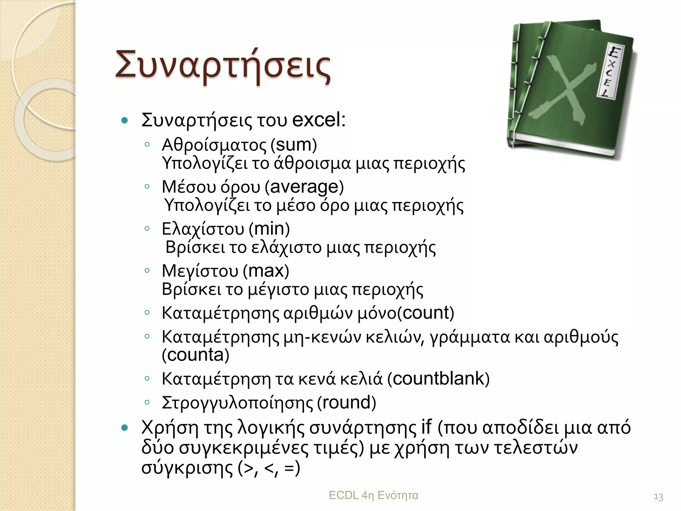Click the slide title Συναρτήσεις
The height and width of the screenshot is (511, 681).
223,65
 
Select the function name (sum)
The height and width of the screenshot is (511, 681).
294,145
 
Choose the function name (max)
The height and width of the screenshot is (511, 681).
266,271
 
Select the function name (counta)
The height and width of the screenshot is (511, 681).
196,355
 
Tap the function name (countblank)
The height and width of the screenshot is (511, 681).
439,379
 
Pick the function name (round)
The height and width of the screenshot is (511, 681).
346,403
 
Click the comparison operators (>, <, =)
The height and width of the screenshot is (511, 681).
269,468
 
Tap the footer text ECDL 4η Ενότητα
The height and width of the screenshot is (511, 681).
373,495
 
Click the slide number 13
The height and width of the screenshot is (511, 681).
658,497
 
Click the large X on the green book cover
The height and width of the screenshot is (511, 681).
562,90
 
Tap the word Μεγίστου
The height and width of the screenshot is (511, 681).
200,271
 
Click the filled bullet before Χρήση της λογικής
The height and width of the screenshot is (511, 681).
125,428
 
